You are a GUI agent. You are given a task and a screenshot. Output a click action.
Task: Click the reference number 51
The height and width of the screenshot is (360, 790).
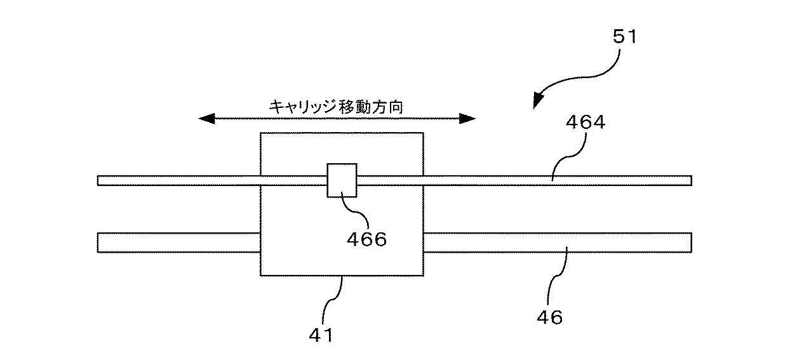(625, 37)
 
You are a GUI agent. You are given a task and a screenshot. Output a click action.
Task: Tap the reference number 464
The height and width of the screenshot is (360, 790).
(586, 123)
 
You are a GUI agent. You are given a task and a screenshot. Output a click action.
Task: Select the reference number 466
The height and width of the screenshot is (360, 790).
(366, 239)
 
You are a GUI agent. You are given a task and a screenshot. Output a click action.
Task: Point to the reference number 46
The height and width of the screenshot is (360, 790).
(549, 317)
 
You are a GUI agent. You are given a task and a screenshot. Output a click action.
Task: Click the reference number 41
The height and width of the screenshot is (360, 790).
(321, 335)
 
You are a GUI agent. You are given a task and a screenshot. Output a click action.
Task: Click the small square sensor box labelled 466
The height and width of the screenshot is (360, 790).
(342, 180)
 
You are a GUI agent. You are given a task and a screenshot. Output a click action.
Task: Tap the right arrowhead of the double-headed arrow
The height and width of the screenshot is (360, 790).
(467, 119)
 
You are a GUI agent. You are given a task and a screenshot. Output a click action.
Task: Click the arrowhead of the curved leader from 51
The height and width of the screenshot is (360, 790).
(538, 100)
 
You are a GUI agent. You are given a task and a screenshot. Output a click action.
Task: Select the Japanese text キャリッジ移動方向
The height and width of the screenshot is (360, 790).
(336, 107)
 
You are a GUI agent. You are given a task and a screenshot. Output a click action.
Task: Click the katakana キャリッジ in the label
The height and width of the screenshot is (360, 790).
(302, 107)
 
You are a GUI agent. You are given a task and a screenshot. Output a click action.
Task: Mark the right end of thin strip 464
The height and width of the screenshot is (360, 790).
(692, 180)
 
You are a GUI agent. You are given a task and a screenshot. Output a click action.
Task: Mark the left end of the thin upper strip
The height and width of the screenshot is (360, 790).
(98, 180)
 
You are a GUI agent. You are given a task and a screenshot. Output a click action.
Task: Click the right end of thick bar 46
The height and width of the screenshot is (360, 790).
(692, 243)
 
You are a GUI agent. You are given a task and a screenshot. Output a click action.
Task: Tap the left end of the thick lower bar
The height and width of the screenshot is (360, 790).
(98, 243)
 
